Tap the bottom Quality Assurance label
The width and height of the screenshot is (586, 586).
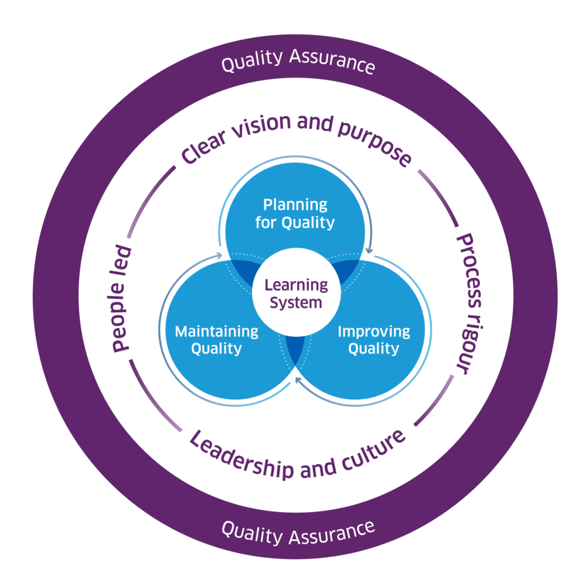click(298, 531)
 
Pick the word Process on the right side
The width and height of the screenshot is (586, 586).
click(468, 269)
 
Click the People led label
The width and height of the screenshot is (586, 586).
click(121, 299)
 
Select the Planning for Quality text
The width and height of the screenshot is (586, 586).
click(295, 214)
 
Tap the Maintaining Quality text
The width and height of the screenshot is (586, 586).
click(216, 340)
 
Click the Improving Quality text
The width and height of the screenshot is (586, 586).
click(374, 340)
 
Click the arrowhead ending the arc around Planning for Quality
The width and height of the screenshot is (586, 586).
click(369, 251)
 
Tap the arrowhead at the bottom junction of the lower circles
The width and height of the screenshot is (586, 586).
click(298, 381)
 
